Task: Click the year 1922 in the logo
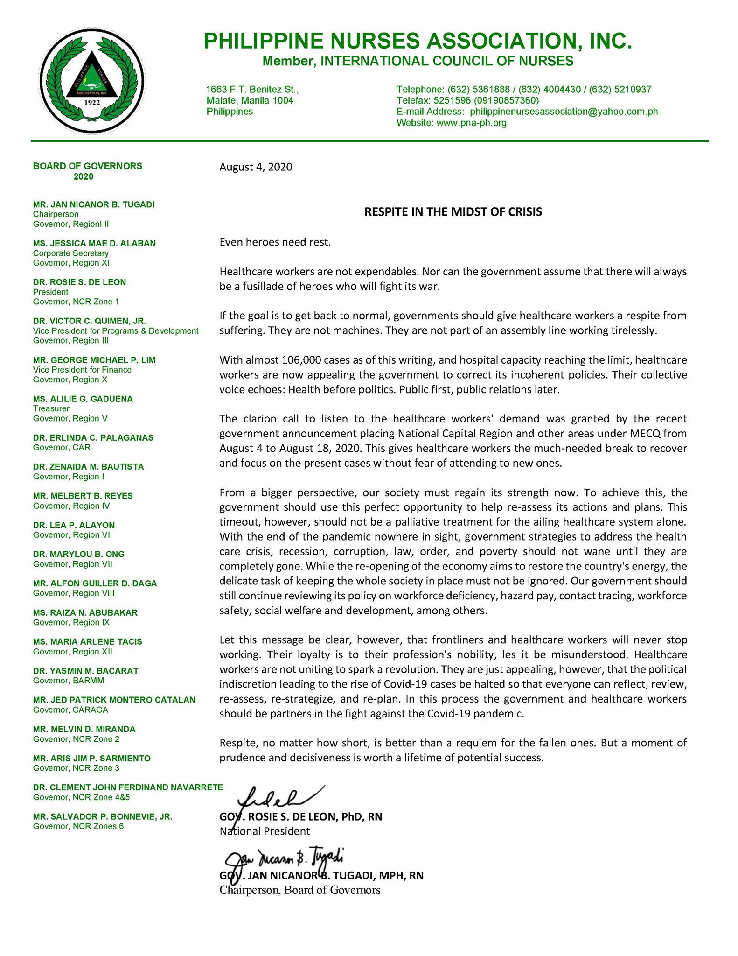pyautogui.click(x=88, y=102)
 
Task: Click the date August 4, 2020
pyautogui.click(x=256, y=167)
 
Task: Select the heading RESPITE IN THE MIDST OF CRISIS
pyautogui.click(x=453, y=212)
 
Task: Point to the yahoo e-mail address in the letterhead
pyautogui.click(x=564, y=112)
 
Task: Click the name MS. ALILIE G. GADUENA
pyautogui.click(x=83, y=399)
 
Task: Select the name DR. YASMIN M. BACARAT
pyautogui.click(x=86, y=670)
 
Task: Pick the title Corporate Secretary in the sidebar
pyautogui.click(x=70, y=253)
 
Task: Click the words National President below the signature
pyautogui.click(x=265, y=831)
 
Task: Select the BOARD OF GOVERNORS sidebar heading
pyautogui.click(x=87, y=166)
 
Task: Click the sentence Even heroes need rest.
pyautogui.click(x=275, y=242)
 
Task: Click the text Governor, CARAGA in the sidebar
pyautogui.click(x=70, y=710)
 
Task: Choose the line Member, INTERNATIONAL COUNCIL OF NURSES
pyautogui.click(x=418, y=61)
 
